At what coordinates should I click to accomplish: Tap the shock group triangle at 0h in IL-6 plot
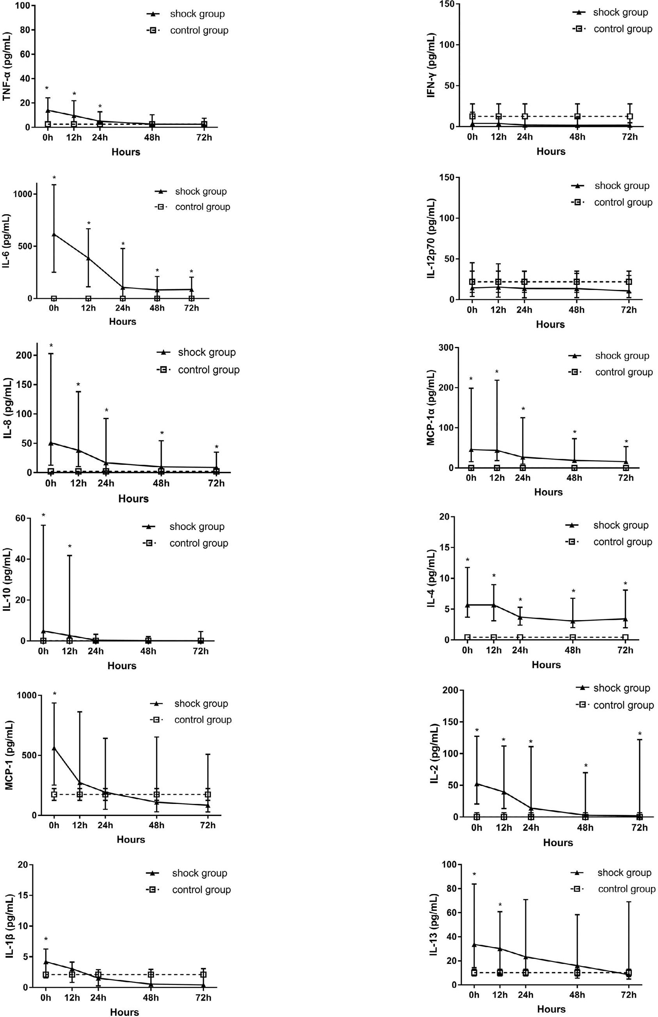54,234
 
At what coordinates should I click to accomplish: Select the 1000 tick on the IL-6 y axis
25,194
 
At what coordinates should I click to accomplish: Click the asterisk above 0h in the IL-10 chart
43,516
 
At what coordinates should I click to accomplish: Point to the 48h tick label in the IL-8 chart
161,483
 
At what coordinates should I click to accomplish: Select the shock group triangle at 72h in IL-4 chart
626,619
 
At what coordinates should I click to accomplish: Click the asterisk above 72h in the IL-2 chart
640,734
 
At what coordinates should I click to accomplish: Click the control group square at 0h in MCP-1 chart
54,795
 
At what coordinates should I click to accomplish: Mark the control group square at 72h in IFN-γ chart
630,116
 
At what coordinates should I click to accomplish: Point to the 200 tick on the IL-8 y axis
25,356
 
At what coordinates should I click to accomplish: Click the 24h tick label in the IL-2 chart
531,827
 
